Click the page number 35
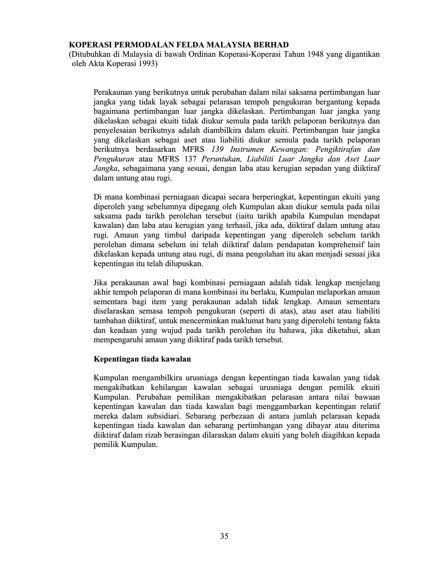tap(224, 536)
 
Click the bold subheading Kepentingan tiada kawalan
tap(142, 359)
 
